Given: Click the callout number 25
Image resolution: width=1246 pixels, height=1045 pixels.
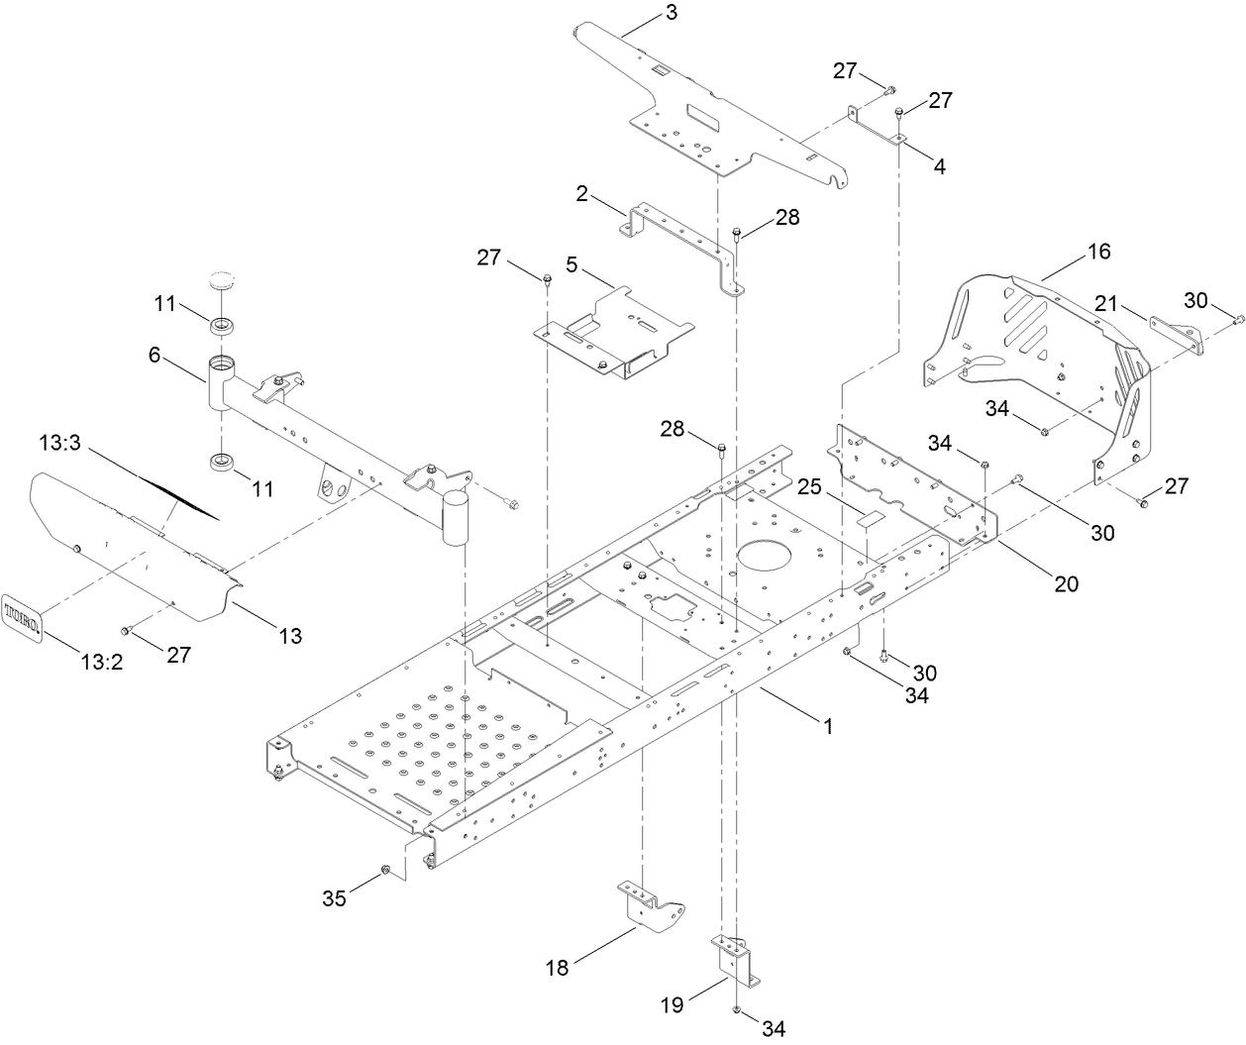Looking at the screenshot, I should [811, 488].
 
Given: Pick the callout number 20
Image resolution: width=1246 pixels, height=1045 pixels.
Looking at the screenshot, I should [1066, 583].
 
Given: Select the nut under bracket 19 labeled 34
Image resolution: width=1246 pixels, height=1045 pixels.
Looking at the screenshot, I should [737, 1009].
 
